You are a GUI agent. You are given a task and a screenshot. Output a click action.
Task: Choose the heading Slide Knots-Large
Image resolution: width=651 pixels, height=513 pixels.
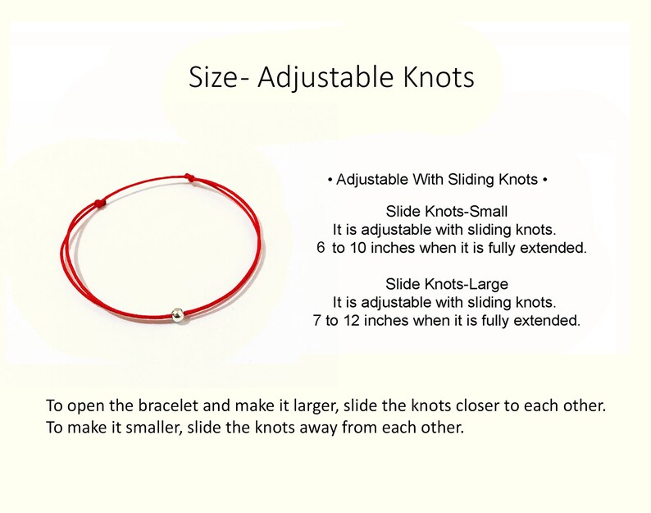447,284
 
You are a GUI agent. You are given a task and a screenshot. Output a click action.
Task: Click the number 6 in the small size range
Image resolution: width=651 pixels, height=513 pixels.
321,247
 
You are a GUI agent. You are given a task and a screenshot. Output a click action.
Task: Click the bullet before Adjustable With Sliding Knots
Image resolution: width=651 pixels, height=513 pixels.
330,179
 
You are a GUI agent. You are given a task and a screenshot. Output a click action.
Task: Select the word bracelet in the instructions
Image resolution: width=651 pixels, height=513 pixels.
162,406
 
